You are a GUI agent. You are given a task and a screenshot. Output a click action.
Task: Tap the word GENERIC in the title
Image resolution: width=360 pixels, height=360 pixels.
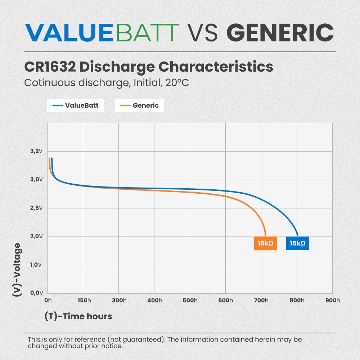click(x=280, y=32)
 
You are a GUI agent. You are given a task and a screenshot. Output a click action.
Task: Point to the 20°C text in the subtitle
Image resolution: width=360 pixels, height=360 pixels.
click(x=177, y=82)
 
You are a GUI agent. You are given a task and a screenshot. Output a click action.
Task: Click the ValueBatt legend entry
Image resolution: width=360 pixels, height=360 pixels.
click(x=76, y=105)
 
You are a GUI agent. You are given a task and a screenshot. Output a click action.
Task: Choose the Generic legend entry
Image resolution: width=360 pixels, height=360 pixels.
click(x=139, y=105)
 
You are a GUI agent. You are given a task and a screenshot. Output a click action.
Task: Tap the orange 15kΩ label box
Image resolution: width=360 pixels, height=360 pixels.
click(x=266, y=243)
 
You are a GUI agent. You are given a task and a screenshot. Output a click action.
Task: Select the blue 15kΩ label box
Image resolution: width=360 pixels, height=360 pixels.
click(x=298, y=243)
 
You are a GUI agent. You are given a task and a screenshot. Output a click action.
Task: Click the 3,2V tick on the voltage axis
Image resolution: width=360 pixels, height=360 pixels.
click(x=36, y=151)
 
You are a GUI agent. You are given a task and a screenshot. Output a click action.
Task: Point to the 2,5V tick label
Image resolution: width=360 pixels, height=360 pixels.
click(x=36, y=208)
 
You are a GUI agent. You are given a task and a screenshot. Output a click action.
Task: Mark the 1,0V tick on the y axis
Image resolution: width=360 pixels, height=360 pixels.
click(x=36, y=265)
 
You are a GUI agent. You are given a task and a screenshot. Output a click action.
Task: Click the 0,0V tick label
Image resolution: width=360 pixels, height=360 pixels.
click(x=36, y=293)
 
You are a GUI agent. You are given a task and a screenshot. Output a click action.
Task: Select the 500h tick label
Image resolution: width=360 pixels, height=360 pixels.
click(x=190, y=301)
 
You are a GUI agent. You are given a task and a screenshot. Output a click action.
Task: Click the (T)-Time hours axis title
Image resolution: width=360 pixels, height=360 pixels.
click(x=78, y=316)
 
